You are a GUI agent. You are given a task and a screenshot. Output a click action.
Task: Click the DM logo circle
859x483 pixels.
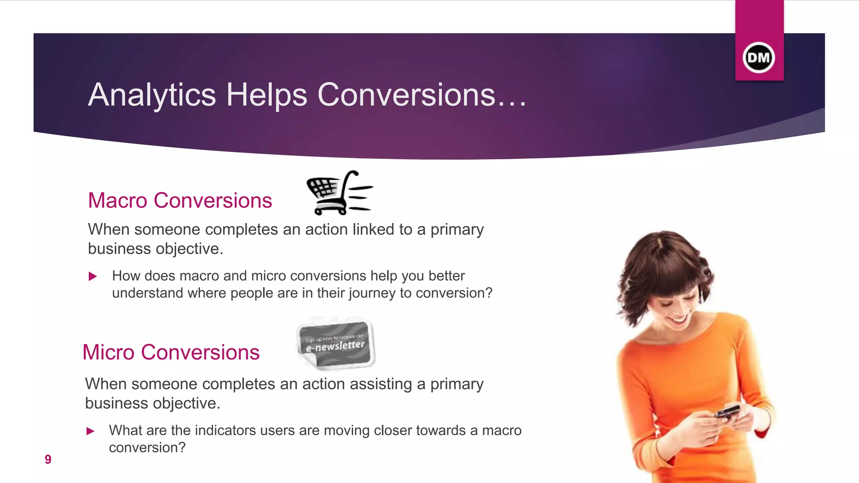[759, 57]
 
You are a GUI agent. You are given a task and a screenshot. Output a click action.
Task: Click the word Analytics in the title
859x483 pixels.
[152, 95]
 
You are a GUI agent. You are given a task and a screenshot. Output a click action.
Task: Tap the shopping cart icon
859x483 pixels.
[339, 193]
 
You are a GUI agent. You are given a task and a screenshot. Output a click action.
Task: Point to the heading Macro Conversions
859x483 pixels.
[180, 200]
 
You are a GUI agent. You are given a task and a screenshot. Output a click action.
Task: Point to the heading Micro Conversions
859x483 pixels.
[171, 352]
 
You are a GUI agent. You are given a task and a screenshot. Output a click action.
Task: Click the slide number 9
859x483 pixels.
[48, 460]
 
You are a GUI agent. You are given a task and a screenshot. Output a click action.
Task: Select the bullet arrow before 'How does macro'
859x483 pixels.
[93, 276]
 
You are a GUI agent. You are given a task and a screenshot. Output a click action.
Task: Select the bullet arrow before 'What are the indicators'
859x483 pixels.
[90, 431]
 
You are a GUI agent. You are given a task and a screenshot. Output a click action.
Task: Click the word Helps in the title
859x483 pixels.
[267, 95]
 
